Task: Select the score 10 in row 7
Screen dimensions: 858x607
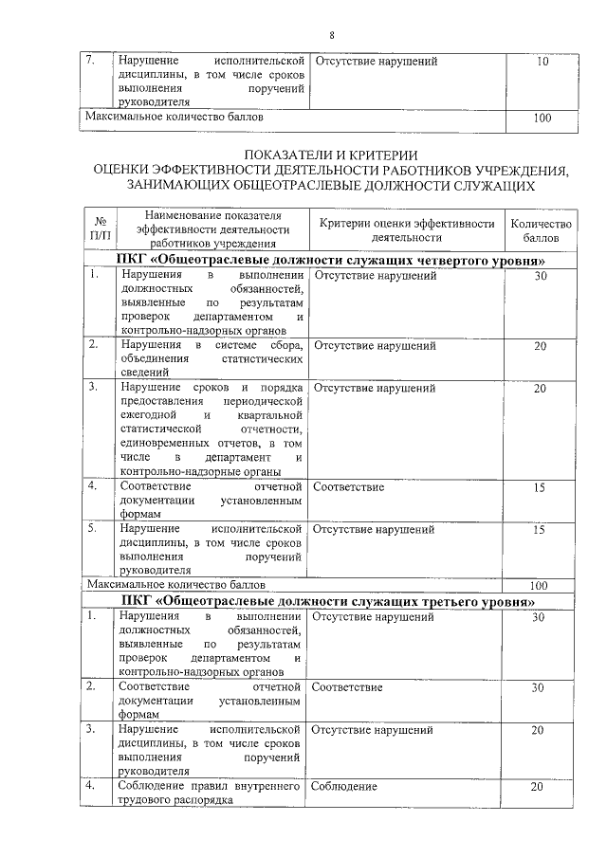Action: pyautogui.click(x=542, y=62)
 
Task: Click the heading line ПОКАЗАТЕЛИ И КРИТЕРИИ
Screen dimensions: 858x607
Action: pyautogui.click(x=331, y=155)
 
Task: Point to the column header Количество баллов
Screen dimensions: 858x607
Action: pyautogui.click(x=541, y=230)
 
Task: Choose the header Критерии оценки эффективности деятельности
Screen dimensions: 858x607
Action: pyautogui.click(x=407, y=230)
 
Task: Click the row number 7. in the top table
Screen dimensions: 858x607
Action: pyautogui.click(x=91, y=62)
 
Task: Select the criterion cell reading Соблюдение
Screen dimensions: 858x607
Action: pyautogui.click(x=343, y=787)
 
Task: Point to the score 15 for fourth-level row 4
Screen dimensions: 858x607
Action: pyautogui.click(x=539, y=487)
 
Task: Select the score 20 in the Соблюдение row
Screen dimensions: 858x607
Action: pyautogui.click(x=537, y=787)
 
